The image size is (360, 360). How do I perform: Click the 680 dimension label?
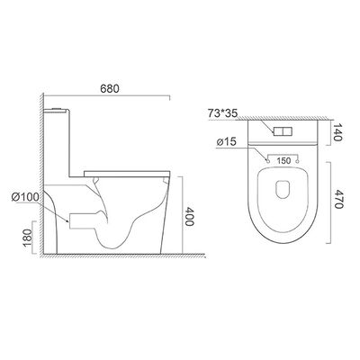[110, 88]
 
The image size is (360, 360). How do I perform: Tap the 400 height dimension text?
[189, 216]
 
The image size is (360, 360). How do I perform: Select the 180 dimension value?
[27, 238]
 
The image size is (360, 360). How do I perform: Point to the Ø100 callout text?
[25, 197]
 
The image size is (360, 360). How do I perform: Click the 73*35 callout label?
[222, 113]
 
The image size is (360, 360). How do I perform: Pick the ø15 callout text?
[226, 141]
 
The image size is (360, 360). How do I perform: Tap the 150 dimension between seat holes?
[283, 161]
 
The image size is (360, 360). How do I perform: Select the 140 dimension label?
[337, 132]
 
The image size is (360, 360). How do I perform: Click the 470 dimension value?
[337, 199]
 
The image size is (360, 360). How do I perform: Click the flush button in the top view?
[283, 130]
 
